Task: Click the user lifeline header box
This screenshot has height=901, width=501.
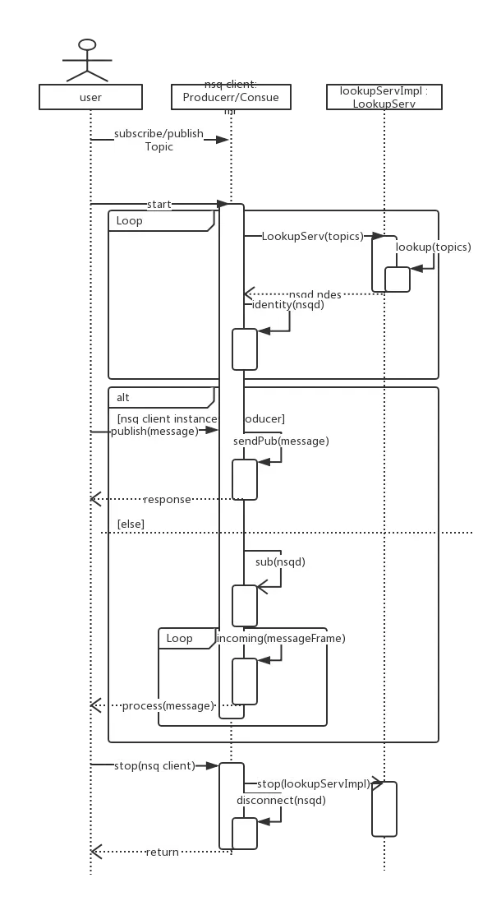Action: click(x=90, y=97)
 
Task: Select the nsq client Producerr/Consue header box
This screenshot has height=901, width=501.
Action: click(x=231, y=96)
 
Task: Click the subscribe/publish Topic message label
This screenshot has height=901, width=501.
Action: click(x=158, y=141)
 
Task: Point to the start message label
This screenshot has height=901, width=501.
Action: click(x=158, y=203)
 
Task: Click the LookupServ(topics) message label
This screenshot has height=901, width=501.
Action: click(x=312, y=236)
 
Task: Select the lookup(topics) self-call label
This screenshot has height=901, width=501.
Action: click(x=434, y=247)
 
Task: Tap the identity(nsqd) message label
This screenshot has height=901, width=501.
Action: click(x=283, y=304)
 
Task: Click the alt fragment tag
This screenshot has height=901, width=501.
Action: click(x=123, y=397)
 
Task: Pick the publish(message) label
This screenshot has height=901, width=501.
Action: click(x=154, y=430)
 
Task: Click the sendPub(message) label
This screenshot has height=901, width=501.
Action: click(x=281, y=441)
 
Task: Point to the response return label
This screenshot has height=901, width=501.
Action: click(x=167, y=499)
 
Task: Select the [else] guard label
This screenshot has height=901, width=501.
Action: click(x=131, y=524)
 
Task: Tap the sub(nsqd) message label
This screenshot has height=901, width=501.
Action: click(x=280, y=561)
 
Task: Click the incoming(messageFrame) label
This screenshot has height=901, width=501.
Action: click(x=281, y=637)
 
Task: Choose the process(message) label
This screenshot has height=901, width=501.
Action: click(x=167, y=705)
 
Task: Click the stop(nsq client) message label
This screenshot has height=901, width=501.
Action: click(x=154, y=765)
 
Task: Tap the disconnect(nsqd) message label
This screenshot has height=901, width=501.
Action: click(x=281, y=800)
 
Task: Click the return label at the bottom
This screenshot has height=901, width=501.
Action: click(x=162, y=852)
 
